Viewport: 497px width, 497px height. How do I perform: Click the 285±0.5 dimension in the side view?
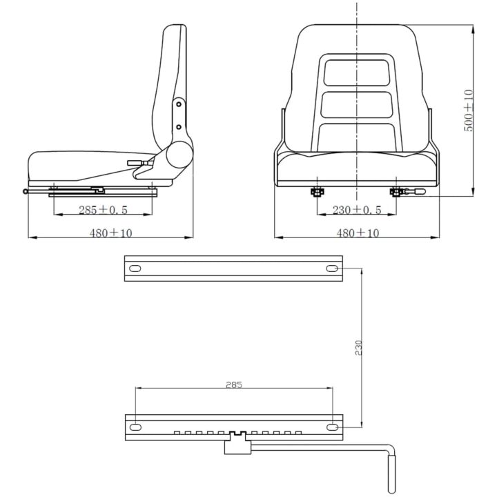pos(103,210)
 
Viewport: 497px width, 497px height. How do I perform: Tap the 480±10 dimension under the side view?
pos(110,233)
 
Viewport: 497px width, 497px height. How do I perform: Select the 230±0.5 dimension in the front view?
pos(357,210)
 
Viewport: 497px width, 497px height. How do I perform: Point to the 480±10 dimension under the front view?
pos(358,233)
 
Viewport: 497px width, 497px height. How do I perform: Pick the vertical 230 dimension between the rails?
pos(358,348)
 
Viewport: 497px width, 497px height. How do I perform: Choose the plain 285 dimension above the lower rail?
pos(234,384)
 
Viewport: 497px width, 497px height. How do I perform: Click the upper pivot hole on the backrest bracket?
pos(179,104)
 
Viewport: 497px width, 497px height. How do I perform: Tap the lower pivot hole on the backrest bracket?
pos(179,127)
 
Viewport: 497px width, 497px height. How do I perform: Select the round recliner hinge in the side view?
pos(179,155)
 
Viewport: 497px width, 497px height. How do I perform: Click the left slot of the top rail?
pos(135,269)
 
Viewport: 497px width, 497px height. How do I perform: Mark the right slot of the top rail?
pos(332,269)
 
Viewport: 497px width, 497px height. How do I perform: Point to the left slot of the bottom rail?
pos(135,427)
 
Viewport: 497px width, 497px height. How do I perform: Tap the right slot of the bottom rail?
pos(332,427)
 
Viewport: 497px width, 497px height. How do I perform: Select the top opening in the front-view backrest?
pos(357,73)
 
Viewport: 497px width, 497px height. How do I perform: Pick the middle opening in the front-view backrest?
pos(357,105)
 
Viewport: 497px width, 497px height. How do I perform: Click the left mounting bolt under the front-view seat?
pos(317,192)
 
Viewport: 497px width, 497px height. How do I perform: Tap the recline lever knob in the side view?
pos(135,163)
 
